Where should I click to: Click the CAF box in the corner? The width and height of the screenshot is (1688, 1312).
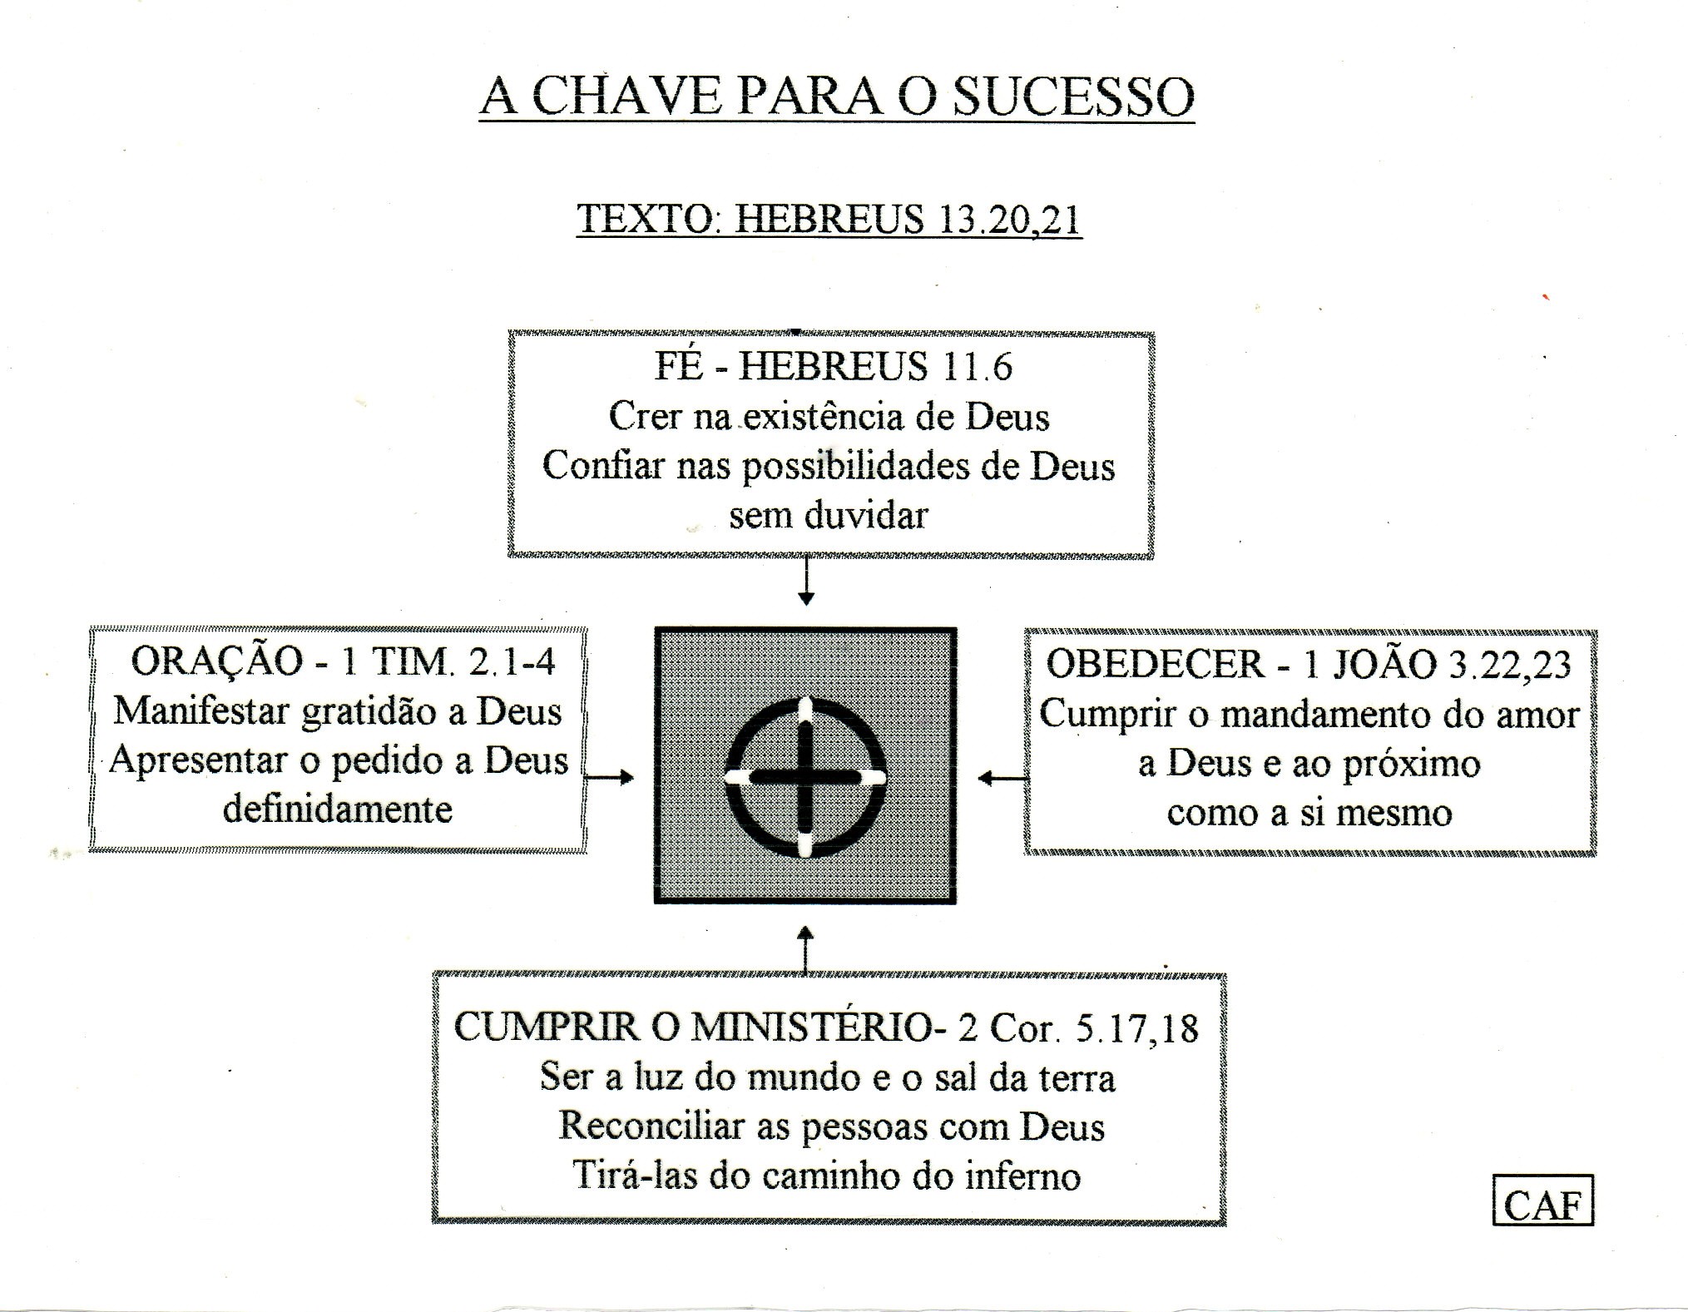1542,1200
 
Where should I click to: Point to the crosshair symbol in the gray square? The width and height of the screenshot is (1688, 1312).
805,777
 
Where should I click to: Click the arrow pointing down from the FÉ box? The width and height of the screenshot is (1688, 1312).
805,581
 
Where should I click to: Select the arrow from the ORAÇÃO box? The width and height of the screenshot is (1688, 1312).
609,778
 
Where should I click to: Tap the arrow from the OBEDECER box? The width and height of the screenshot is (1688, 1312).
1002,779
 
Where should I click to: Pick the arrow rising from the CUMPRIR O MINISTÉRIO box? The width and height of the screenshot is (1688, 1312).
805,948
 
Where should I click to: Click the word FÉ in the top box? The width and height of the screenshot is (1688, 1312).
679,366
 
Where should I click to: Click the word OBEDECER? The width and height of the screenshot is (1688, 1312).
1156,664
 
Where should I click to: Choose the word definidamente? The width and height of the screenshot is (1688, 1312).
338,809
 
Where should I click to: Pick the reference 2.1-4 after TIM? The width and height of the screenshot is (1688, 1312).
512,661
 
